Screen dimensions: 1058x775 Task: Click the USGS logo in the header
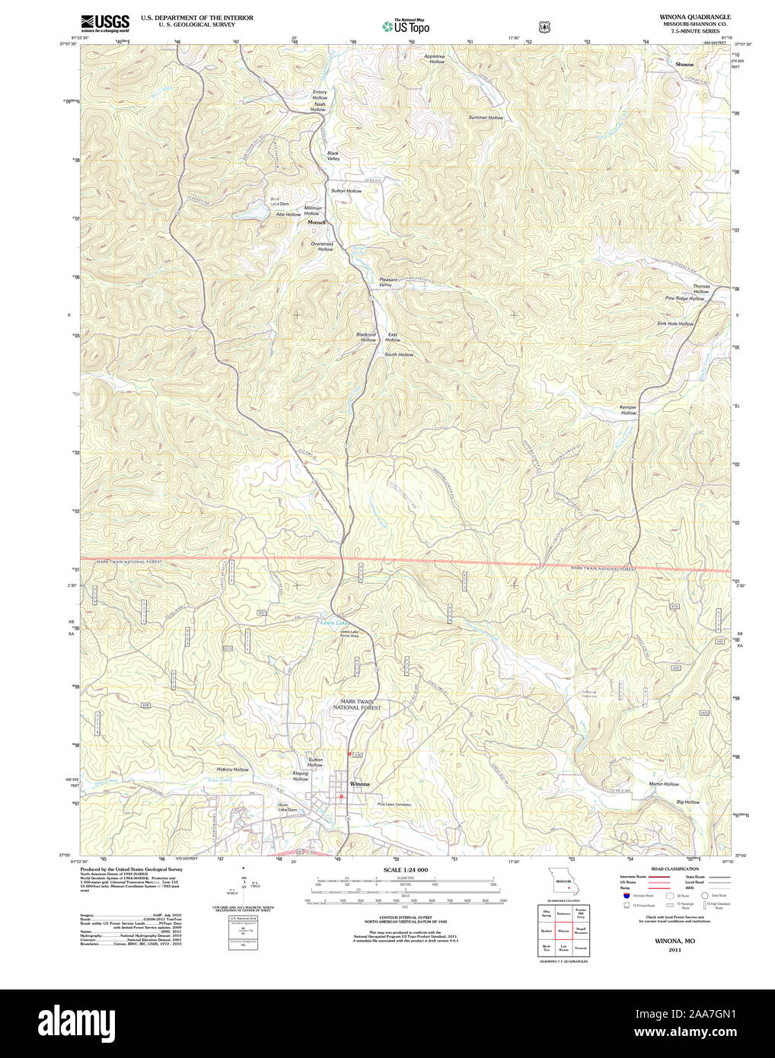pyautogui.click(x=104, y=22)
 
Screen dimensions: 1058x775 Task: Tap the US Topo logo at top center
pyautogui.click(x=406, y=26)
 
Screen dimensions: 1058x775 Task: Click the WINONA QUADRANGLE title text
pyautogui.click(x=694, y=17)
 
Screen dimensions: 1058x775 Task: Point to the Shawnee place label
pyautogui.click(x=684, y=65)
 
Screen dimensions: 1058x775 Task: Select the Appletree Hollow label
pyautogui.click(x=435, y=59)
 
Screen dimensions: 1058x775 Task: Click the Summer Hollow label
pyautogui.click(x=486, y=118)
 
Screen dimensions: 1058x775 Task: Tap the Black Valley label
pyautogui.click(x=333, y=155)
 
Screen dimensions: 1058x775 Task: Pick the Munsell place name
pyautogui.click(x=316, y=223)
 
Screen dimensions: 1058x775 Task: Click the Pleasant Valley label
pyautogui.click(x=389, y=282)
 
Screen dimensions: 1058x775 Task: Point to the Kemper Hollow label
pyautogui.click(x=628, y=409)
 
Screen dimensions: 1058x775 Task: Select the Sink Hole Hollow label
pyautogui.click(x=675, y=323)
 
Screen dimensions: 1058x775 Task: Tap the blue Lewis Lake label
pyautogui.click(x=332, y=623)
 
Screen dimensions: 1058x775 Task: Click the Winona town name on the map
pyautogui.click(x=359, y=784)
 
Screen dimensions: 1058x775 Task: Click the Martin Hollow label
pyautogui.click(x=664, y=784)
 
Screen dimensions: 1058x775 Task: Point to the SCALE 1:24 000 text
pyautogui.click(x=405, y=870)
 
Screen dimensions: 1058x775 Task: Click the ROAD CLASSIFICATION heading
pyautogui.click(x=675, y=868)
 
